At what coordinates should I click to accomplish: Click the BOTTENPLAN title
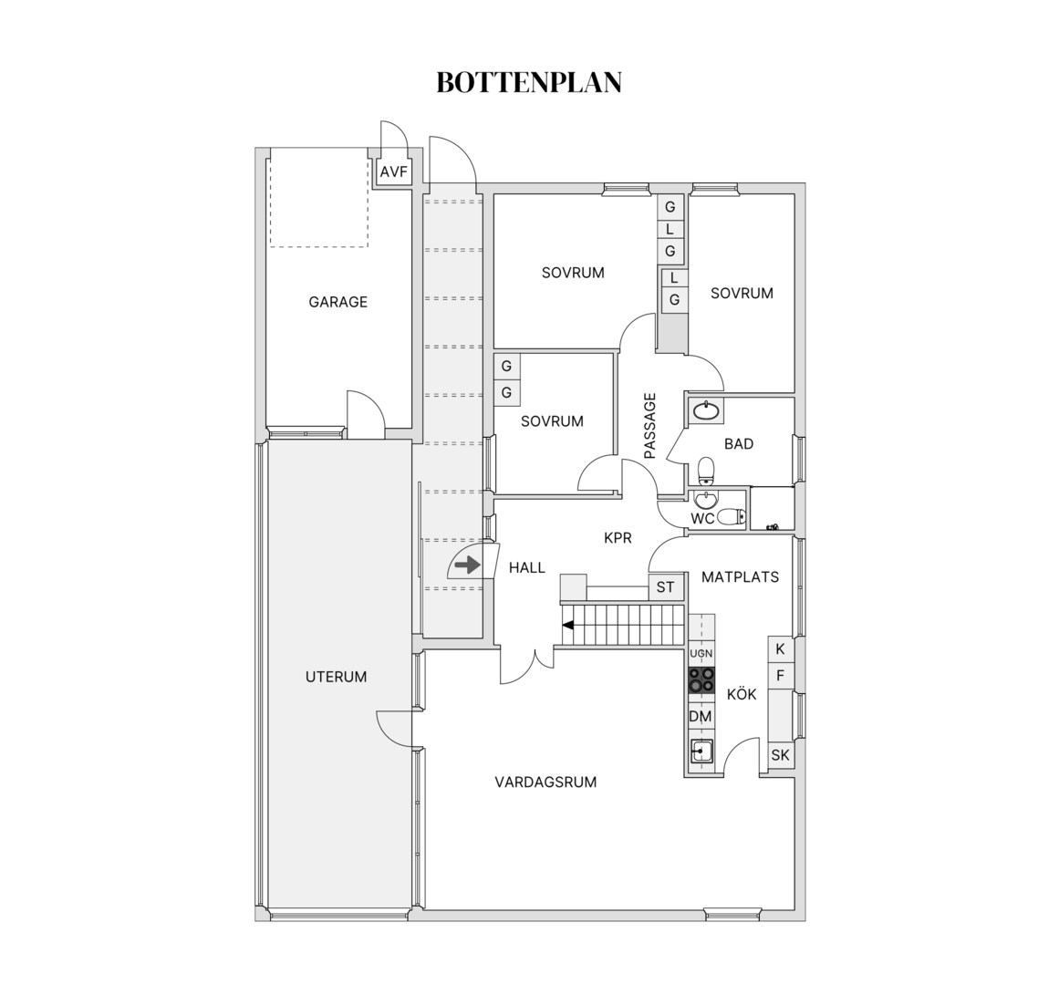tap(529, 82)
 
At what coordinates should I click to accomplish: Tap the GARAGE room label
tap(338, 302)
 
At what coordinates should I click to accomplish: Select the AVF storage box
tap(394, 172)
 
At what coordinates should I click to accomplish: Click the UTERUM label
tap(336, 677)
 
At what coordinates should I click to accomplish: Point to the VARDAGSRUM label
tap(545, 783)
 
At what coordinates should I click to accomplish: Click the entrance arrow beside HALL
tap(466, 565)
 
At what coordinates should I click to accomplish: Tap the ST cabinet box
tap(666, 587)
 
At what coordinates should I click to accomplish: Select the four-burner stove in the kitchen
tap(701, 679)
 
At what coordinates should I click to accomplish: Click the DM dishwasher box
tap(701, 717)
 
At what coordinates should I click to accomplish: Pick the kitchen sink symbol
tap(701, 751)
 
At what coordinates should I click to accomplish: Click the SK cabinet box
tap(780, 755)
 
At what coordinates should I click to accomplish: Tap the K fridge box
tap(780, 649)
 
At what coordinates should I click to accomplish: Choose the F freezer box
tap(780, 675)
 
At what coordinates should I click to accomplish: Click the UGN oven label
tap(701, 654)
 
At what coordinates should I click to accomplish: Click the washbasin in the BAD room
tap(706, 410)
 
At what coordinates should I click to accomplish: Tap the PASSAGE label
tap(649, 426)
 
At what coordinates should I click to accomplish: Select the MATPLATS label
tap(741, 577)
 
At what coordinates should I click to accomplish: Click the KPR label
tap(618, 538)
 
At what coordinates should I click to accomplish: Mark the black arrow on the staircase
tap(568, 625)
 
